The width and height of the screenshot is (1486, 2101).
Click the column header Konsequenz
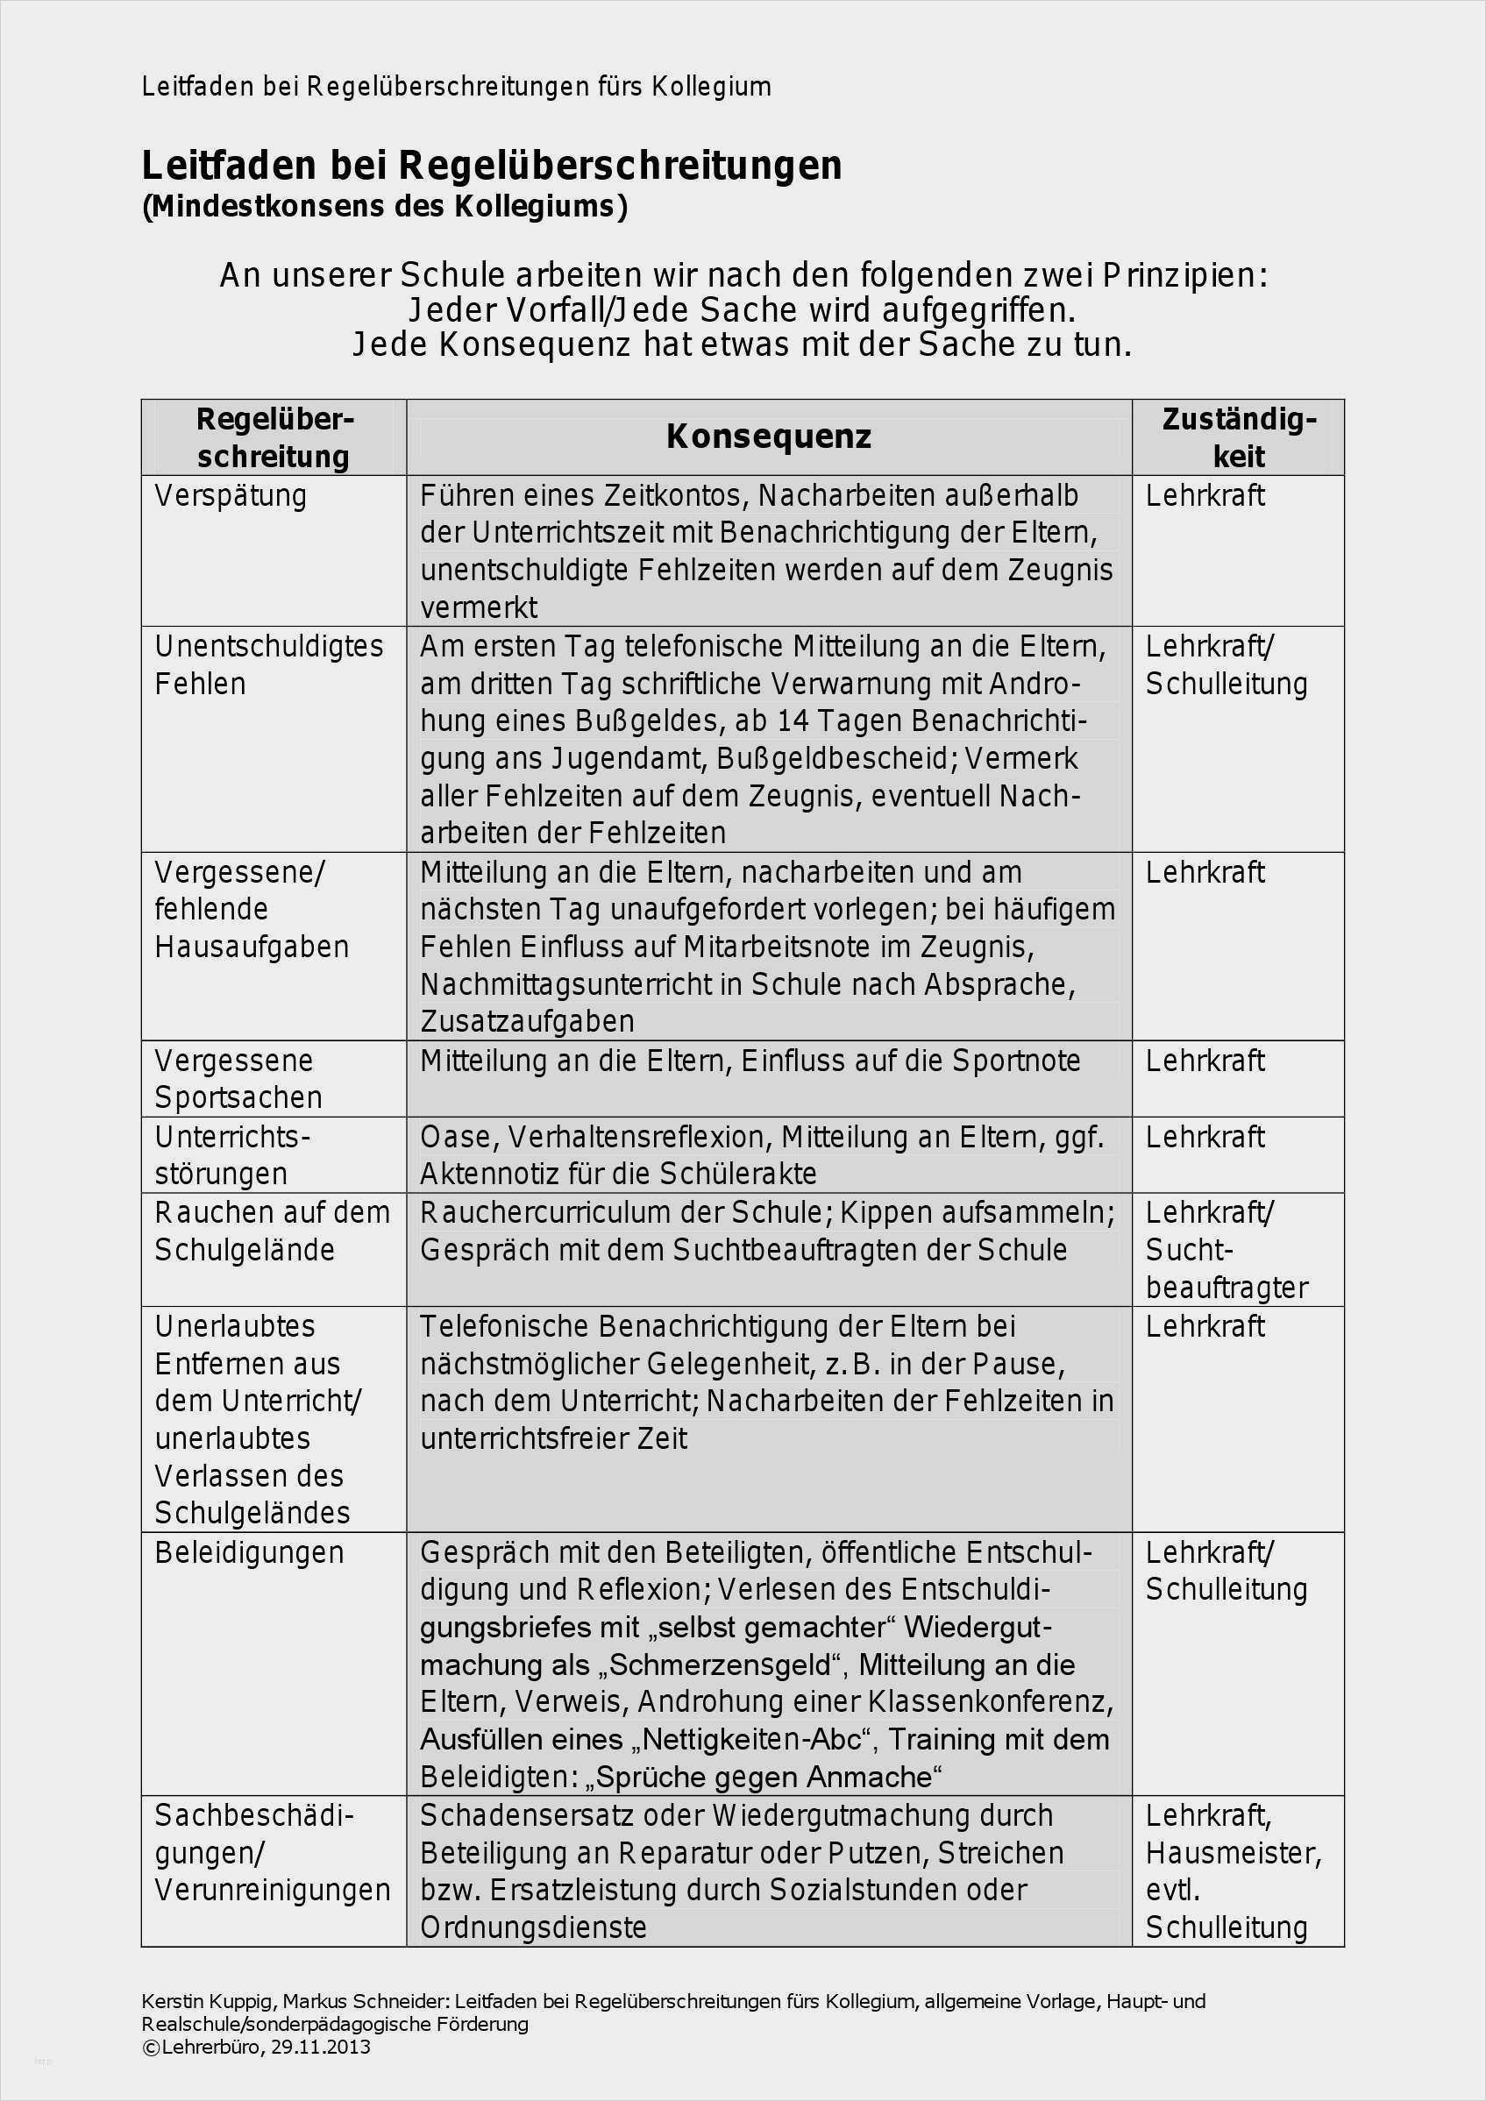[768, 437]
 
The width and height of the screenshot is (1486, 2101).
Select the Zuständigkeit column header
[1238, 437]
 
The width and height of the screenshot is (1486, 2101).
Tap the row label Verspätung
[231, 496]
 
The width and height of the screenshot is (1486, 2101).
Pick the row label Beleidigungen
[249, 1553]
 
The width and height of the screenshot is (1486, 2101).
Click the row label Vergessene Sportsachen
[238, 1079]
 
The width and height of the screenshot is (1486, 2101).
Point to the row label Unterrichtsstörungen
[232, 1155]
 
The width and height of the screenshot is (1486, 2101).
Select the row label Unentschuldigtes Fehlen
[268, 664]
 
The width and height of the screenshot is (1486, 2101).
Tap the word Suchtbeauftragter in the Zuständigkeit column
[1226, 1269]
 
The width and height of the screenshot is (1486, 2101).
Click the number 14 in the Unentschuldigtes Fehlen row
[793, 722]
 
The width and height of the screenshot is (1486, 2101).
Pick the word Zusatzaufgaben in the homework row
[527, 1021]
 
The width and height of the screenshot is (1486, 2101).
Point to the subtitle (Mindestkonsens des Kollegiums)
[384, 206]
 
